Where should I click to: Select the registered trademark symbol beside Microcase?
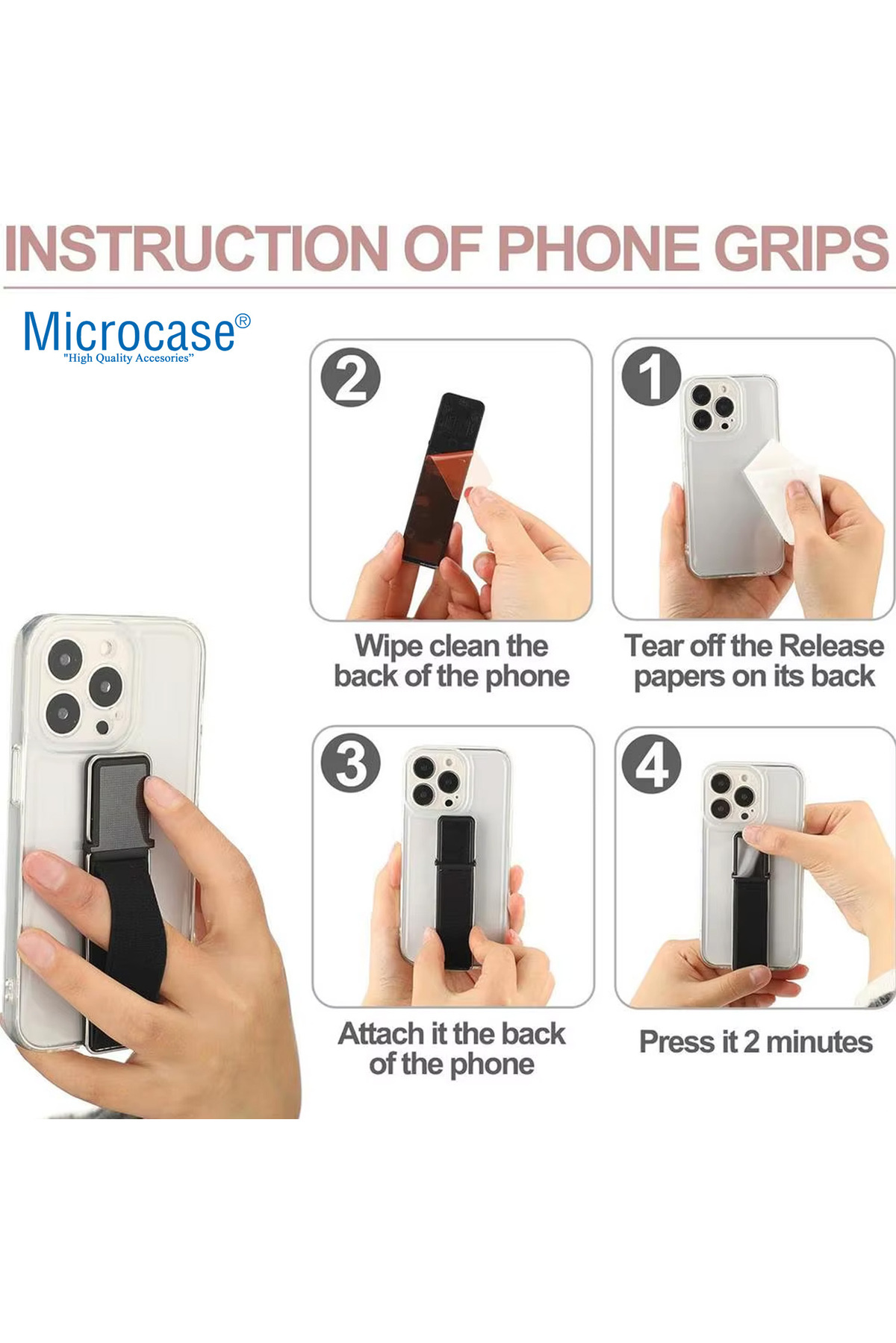(243, 322)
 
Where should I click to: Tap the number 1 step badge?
(652, 377)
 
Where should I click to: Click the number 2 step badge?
(350, 377)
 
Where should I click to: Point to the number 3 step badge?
(350, 763)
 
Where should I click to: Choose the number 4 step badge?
(652, 764)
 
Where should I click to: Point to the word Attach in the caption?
(382, 1034)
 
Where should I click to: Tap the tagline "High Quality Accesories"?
(128, 358)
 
